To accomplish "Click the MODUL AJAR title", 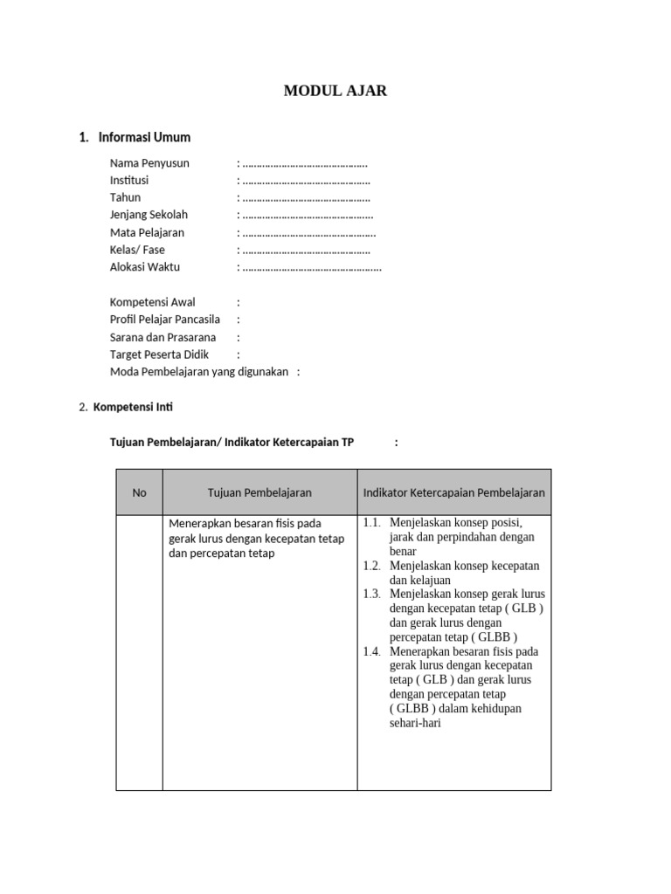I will tap(335, 91).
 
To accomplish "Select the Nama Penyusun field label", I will tap(149, 163).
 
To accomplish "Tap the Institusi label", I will tap(129, 181).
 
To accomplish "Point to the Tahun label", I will tap(125, 197).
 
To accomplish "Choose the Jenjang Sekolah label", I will tap(149, 215).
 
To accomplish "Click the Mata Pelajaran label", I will tap(147, 233).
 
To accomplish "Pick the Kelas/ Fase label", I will tap(137, 250).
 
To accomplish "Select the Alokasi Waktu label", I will tap(145, 267).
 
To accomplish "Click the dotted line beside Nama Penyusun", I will tap(305, 164).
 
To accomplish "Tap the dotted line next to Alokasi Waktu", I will tap(312, 268).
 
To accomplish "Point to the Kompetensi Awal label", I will tap(153, 302).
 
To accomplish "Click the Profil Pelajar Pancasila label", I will tap(165, 320).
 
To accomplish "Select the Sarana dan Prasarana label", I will tap(163, 337).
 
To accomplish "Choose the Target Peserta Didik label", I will tap(161, 354).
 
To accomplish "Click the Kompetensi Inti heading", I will tap(138, 407).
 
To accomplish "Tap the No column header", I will tap(140, 492).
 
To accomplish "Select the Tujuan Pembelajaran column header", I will tap(259, 492).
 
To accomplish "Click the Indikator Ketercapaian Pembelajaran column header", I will tap(453, 492).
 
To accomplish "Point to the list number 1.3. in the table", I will tap(372, 594).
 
